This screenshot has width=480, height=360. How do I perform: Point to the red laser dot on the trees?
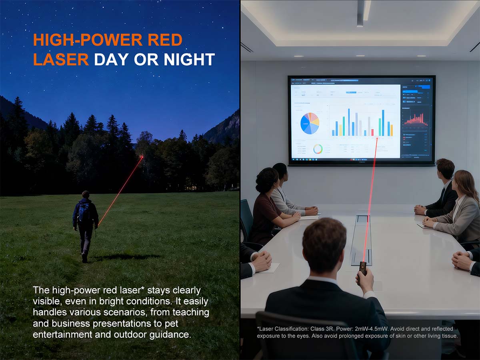(142, 157)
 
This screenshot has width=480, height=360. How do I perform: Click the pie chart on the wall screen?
(310, 123)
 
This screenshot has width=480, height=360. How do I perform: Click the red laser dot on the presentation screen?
(377, 138)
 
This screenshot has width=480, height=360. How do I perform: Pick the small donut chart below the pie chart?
(318, 149)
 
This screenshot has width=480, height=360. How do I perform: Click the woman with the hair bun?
(266, 200)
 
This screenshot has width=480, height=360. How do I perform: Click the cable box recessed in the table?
(361, 240)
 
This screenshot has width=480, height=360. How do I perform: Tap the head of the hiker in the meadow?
(86, 195)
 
